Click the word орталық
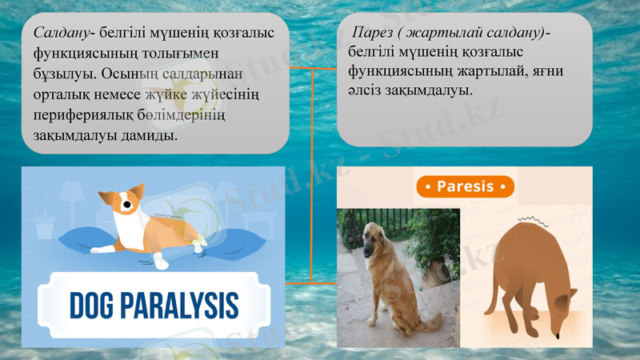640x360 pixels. click(x=61, y=94)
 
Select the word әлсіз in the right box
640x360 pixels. click(x=366, y=90)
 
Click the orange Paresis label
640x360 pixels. click(x=465, y=187)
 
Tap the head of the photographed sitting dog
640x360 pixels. click(x=381, y=238)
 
